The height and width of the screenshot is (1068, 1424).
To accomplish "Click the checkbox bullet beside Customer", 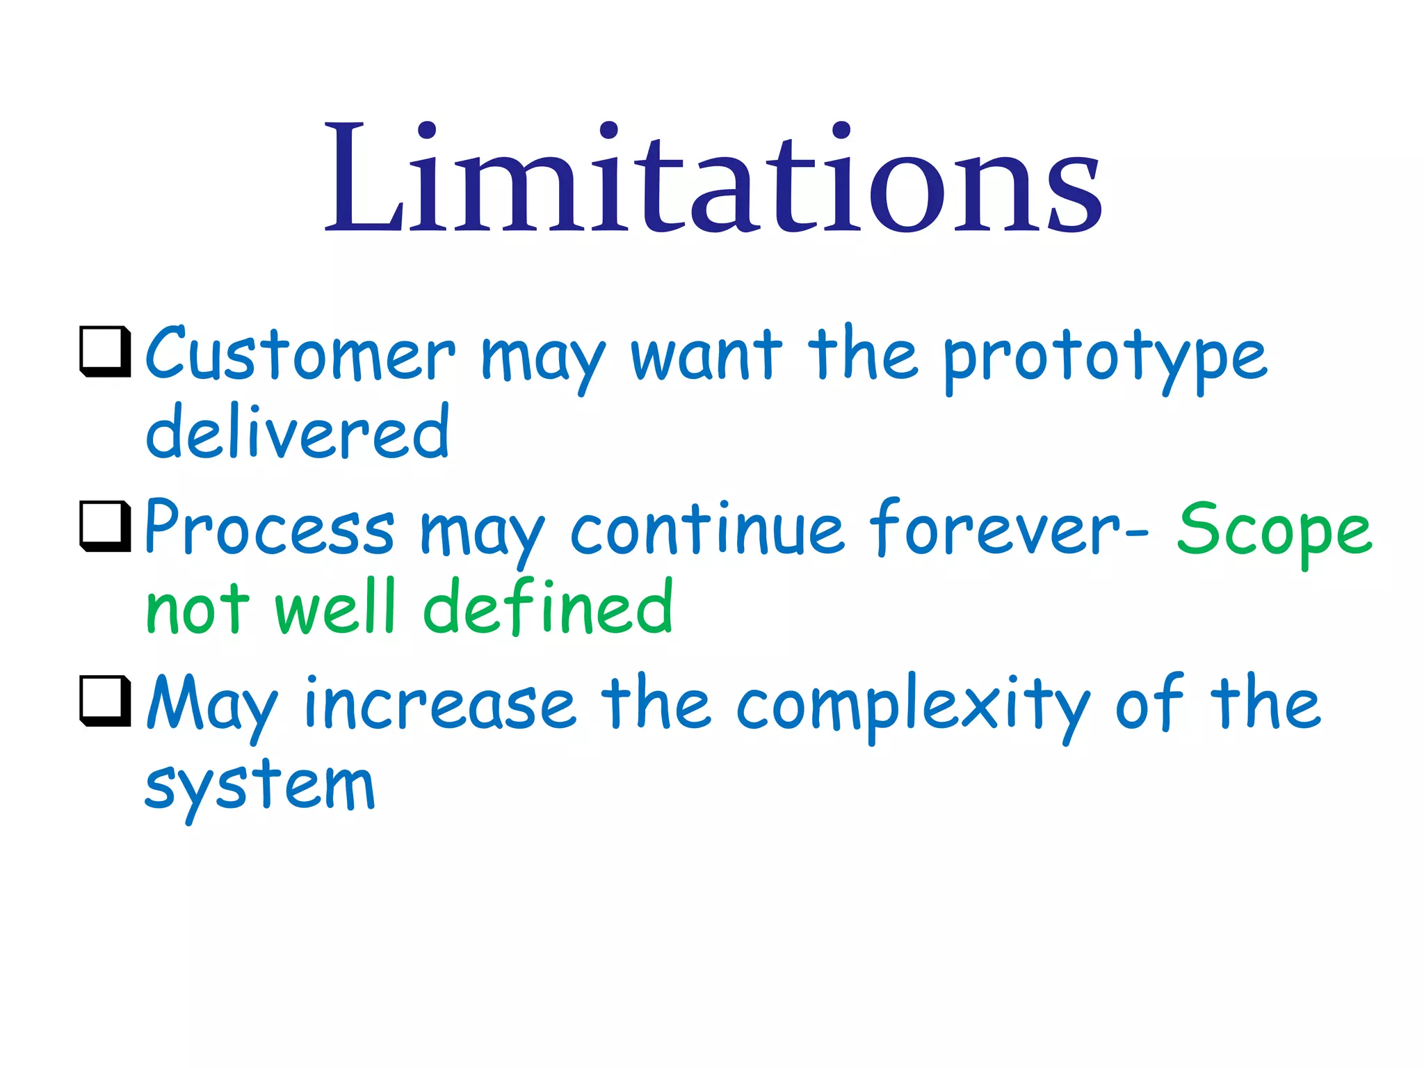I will coord(106,351).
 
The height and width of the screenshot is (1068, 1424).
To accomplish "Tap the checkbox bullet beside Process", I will coord(106,526).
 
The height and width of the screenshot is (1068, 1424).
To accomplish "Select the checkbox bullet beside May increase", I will coord(106,701).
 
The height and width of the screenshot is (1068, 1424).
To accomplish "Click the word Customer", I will coord(300,355).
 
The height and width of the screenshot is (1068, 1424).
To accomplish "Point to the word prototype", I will coord(1106,358).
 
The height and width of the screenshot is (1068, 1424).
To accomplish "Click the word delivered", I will coord(298,432).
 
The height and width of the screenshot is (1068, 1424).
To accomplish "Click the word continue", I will coord(707,530).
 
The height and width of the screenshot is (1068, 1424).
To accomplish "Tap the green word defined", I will coord(548,608).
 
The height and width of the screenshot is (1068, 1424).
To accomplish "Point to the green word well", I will coord(335,608).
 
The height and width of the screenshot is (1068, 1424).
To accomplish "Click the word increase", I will coord(440,705).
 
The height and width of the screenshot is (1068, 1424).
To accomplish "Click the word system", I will coord(260,788).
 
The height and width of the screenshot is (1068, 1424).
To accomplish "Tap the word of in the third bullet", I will coord(1149,704).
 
